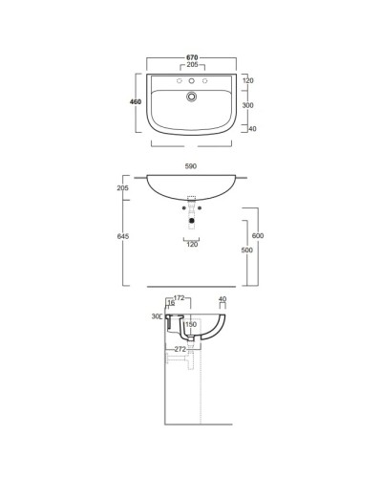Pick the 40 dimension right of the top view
pyautogui.click(x=252, y=128)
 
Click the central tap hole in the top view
pyautogui.click(x=192, y=82)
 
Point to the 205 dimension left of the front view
pyautogui.click(x=122, y=189)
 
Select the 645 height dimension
pyautogui.click(x=122, y=235)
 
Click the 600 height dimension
pyautogui.click(x=258, y=236)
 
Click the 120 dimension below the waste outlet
pyautogui.click(x=192, y=246)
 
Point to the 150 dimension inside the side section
pyautogui.click(x=191, y=325)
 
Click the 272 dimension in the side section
pyautogui.click(x=180, y=349)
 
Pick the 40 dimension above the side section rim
pyautogui.click(x=223, y=300)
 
